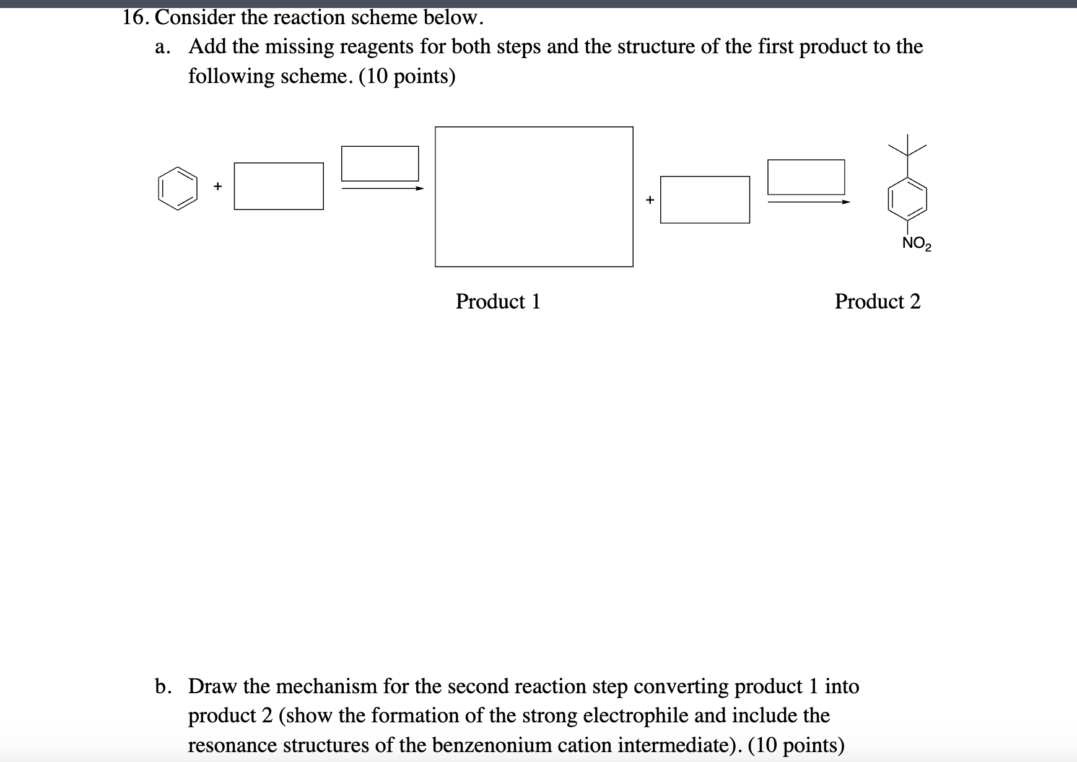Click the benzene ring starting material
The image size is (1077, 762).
178,188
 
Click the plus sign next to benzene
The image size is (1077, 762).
217,186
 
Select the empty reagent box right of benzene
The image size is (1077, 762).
279,186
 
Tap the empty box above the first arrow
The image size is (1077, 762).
380,164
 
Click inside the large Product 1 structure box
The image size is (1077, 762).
534,197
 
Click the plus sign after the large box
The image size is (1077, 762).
650,199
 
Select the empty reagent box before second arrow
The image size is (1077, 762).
705,199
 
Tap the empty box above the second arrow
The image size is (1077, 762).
806,177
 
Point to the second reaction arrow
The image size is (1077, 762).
808,201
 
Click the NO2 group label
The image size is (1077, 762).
916,243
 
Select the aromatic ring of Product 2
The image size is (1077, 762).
908,199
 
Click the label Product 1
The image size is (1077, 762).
498,302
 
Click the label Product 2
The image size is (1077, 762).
877,302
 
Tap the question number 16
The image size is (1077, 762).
134,17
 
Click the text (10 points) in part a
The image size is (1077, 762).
407,76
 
